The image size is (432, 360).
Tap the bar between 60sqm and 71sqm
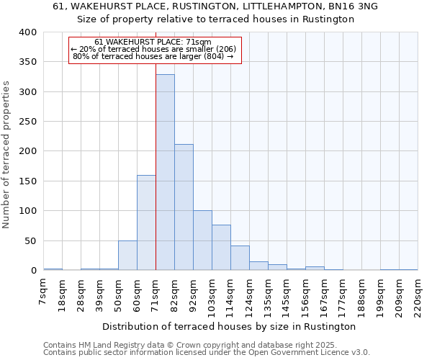pos(146,222)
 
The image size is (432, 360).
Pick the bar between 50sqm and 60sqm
pos(127,256)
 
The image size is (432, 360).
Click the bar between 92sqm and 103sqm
pos(202,240)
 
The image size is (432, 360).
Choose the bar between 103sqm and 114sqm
pos(221,248)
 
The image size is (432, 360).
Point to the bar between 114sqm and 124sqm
pos(240,258)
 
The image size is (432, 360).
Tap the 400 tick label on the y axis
pos(28,32)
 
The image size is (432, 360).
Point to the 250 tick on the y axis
pos(28,122)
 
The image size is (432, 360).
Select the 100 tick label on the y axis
pos(28,211)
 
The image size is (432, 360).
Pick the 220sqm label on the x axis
pos(418,294)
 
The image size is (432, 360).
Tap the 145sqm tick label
pos(287,294)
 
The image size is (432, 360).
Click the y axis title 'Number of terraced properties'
pos(6,155)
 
